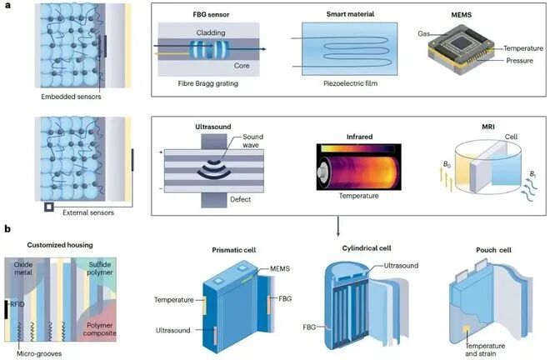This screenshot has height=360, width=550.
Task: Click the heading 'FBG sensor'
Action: point(211,15)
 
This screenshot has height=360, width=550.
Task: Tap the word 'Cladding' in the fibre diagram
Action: point(211,32)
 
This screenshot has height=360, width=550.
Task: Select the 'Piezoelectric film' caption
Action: point(350,83)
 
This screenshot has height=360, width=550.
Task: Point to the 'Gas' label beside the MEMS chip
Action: point(423,33)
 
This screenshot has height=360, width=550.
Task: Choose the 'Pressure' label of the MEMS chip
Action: point(519,61)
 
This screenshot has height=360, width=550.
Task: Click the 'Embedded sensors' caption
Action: point(71,97)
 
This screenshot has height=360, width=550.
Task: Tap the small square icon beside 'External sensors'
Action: point(49,207)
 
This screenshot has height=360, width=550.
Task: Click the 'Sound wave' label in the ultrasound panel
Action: point(252,141)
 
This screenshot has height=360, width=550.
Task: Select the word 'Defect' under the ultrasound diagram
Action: point(240,199)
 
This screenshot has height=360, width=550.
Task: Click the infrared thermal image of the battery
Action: point(359,167)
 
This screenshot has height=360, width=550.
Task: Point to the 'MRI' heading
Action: point(488,127)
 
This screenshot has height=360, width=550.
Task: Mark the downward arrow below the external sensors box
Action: point(337,227)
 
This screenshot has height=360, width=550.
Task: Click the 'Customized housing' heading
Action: point(60,245)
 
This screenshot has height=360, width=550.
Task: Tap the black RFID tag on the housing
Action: point(6,309)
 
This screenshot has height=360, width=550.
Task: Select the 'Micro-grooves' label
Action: point(39,353)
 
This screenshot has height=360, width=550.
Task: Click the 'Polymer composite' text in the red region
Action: point(100,329)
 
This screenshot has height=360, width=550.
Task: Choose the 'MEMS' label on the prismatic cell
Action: point(280,269)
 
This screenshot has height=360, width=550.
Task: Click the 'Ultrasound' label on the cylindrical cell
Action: point(401,266)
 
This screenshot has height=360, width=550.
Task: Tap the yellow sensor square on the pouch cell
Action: point(467,329)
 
